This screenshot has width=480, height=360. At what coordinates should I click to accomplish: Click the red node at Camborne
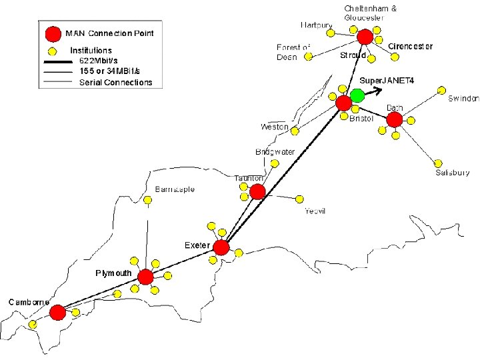(x=57, y=312)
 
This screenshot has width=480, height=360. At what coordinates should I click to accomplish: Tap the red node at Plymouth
(x=145, y=277)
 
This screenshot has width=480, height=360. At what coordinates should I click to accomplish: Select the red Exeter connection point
(x=221, y=247)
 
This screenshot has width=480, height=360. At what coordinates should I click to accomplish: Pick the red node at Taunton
(x=257, y=193)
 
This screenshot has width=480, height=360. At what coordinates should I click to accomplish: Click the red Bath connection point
(x=394, y=119)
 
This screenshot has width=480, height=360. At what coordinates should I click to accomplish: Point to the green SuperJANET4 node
(x=357, y=95)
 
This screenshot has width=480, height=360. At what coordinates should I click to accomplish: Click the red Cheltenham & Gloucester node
(x=365, y=37)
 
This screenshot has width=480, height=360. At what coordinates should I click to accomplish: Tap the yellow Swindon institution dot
(x=441, y=89)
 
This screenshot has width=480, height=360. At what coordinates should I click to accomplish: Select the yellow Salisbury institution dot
(x=438, y=163)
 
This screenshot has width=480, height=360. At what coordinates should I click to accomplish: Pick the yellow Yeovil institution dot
(x=299, y=199)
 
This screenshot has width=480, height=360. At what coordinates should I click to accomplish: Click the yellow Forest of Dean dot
(x=307, y=58)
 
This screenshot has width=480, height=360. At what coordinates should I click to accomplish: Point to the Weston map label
(x=274, y=127)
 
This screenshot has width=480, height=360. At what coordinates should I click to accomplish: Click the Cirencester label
(x=410, y=47)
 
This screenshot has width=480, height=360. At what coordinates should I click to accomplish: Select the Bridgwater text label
(x=275, y=152)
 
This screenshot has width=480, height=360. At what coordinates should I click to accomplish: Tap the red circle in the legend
(x=53, y=34)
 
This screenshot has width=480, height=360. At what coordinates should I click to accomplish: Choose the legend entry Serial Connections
(x=115, y=83)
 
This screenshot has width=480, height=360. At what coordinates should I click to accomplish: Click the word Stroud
(x=353, y=55)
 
